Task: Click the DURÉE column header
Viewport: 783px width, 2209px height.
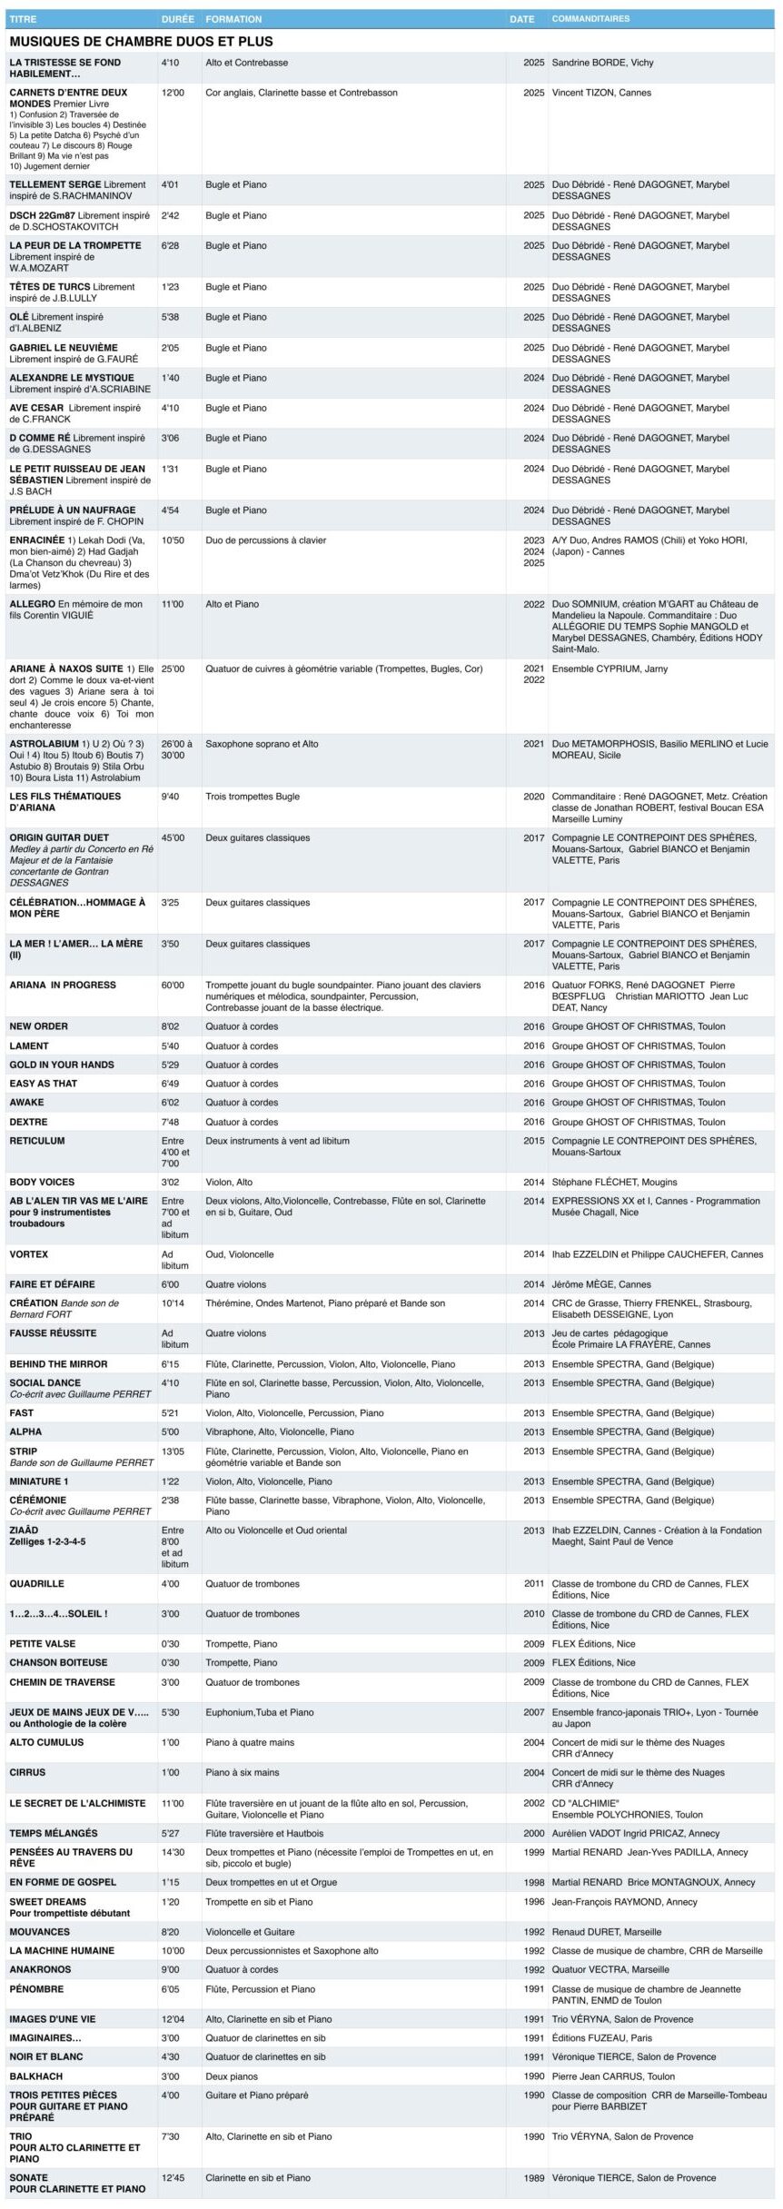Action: pyautogui.click(x=176, y=19)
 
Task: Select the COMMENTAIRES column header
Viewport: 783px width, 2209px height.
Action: pyautogui.click(x=590, y=19)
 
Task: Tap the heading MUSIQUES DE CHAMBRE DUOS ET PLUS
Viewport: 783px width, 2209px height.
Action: pyautogui.click(x=141, y=42)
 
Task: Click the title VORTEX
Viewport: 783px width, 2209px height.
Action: pyautogui.click(x=29, y=1254)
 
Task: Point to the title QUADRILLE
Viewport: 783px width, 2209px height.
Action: pyautogui.click(x=36, y=1583)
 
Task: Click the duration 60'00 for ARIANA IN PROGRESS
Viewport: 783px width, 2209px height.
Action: pyautogui.click(x=173, y=985)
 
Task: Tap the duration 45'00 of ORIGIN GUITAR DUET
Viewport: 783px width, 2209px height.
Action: pyautogui.click(x=173, y=837)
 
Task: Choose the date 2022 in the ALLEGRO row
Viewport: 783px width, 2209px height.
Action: pyautogui.click(x=533, y=604)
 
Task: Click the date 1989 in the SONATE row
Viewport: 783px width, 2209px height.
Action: pyautogui.click(x=533, y=2177)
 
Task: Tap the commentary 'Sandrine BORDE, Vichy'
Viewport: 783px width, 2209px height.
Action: pyautogui.click(x=602, y=63)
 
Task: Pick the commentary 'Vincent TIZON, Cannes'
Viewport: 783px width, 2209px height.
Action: pyautogui.click(x=601, y=93)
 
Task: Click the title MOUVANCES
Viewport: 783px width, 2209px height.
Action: pyautogui.click(x=39, y=1931)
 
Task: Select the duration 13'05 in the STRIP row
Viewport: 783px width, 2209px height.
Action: pyautogui.click(x=173, y=1451)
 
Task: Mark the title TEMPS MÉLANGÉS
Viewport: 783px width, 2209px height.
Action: pyautogui.click(x=54, y=1833)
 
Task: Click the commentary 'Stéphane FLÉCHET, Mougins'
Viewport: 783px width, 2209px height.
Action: pyautogui.click(x=614, y=1182)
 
